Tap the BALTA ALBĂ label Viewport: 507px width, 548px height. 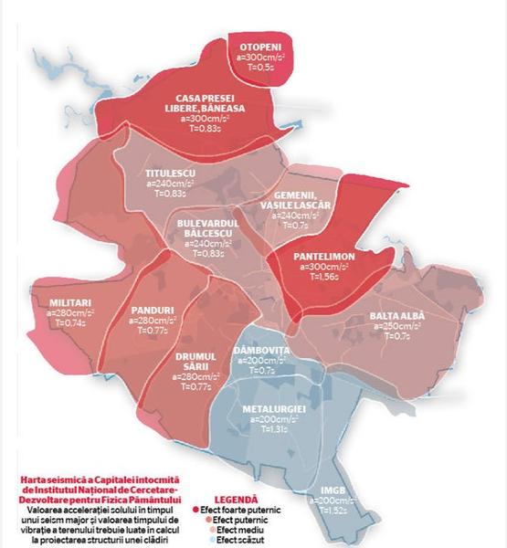coord(396,316)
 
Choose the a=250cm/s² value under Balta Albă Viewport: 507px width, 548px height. coord(396,326)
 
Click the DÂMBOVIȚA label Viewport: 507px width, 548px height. coord(261,351)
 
